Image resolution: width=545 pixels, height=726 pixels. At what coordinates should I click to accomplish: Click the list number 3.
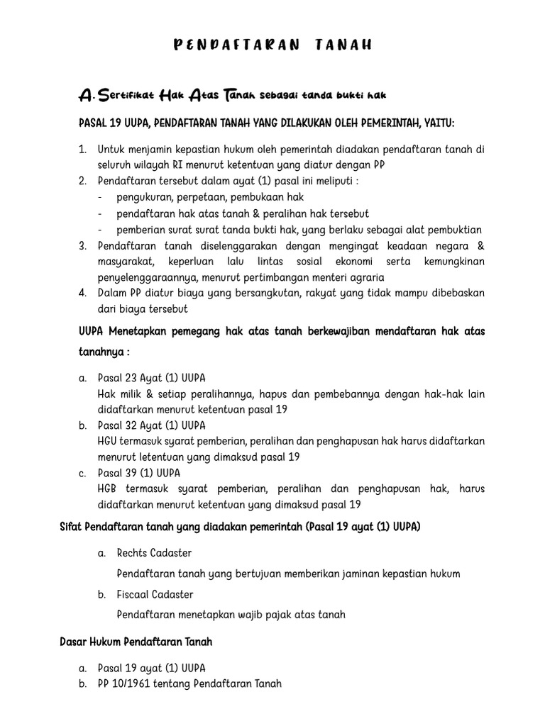tap(82, 246)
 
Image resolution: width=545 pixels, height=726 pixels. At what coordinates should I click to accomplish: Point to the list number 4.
tap(82, 294)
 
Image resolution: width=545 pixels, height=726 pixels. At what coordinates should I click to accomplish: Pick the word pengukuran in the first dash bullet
tap(141, 197)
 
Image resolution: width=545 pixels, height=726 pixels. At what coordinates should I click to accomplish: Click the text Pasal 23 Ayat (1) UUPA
tap(151, 378)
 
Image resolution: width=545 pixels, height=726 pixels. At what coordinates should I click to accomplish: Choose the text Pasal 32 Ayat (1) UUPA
tap(151, 425)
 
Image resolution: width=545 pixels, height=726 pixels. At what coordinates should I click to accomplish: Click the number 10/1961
tap(133, 684)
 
